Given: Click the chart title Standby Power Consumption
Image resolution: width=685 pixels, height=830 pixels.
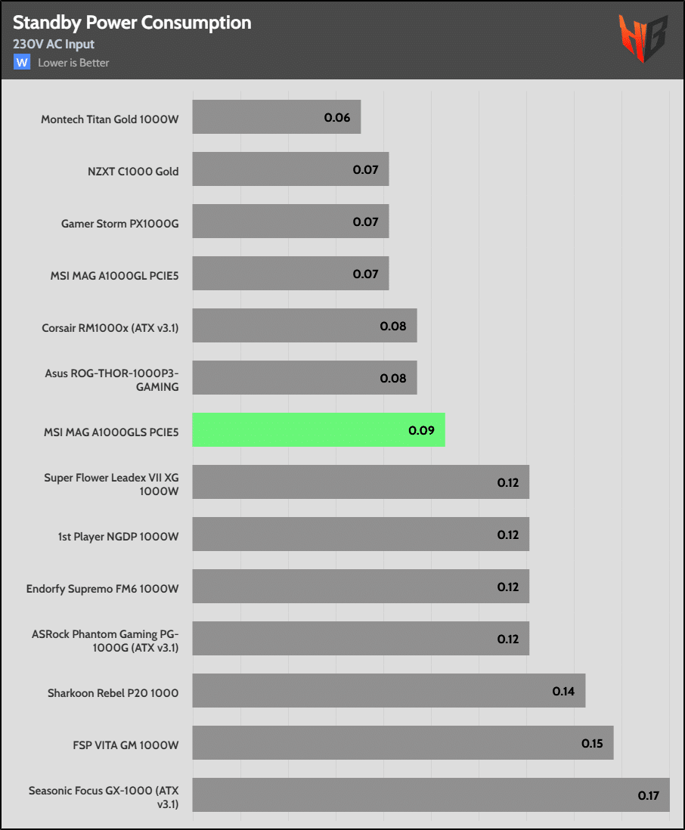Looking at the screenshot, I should click(132, 23).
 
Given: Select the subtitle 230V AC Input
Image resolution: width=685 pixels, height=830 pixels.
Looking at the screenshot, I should click(53, 44).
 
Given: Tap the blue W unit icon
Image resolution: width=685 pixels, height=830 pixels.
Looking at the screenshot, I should click(21, 62).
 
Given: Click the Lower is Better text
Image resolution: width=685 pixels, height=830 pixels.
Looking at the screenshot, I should click(73, 63).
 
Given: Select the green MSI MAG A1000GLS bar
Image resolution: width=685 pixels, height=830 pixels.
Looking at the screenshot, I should click(318, 430).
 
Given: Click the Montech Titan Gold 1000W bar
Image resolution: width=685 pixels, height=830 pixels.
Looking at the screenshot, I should click(276, 117).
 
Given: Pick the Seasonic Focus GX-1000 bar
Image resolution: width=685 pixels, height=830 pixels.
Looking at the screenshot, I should click(430, 795).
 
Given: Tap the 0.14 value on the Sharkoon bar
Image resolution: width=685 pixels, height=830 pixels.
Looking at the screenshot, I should click(563, 691).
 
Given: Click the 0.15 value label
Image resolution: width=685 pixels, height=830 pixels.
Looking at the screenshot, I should click(592, 743).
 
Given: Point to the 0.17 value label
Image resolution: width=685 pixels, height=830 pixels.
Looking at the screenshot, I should click(649, 795).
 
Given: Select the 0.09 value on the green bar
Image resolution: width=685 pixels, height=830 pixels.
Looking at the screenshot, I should click(421, 430).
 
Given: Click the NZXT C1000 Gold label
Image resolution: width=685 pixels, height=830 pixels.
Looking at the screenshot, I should click(133, 171).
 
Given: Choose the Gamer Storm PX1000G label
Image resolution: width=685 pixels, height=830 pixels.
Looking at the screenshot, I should click(120, 223).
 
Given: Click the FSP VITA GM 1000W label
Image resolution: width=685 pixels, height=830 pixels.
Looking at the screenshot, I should click(121, 745).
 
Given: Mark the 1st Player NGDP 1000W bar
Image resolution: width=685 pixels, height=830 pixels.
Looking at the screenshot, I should click(360, 534).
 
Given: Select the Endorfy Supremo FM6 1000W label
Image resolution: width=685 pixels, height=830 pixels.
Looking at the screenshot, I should click(103, 587).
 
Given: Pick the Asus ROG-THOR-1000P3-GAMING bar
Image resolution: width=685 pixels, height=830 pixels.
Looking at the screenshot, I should click(304, 378).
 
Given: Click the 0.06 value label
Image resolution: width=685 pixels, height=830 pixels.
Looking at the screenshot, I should click(337, 117).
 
